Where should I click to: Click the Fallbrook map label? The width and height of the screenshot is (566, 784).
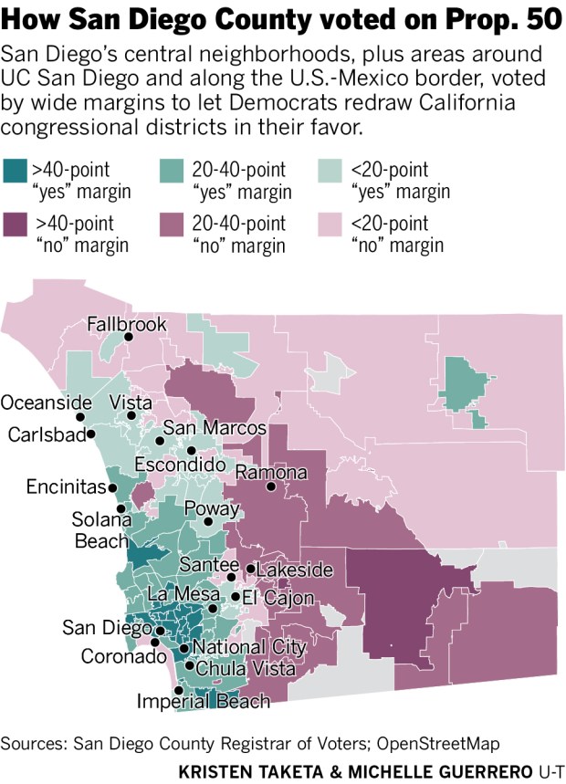pos(127,324)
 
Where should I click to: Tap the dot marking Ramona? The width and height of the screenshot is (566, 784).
pos(271,487)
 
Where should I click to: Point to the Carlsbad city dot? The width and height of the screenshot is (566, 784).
pos(91,434)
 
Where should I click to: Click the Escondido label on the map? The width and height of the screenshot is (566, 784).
pos(180,465)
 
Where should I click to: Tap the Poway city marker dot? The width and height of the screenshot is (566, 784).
pos(207,523)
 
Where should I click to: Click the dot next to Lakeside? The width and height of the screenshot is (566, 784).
pos(250,570)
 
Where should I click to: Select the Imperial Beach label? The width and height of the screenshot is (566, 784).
pos(204,701)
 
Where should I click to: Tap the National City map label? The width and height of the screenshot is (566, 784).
pos(249,647)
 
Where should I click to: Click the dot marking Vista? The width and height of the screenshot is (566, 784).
pos(131,416)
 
